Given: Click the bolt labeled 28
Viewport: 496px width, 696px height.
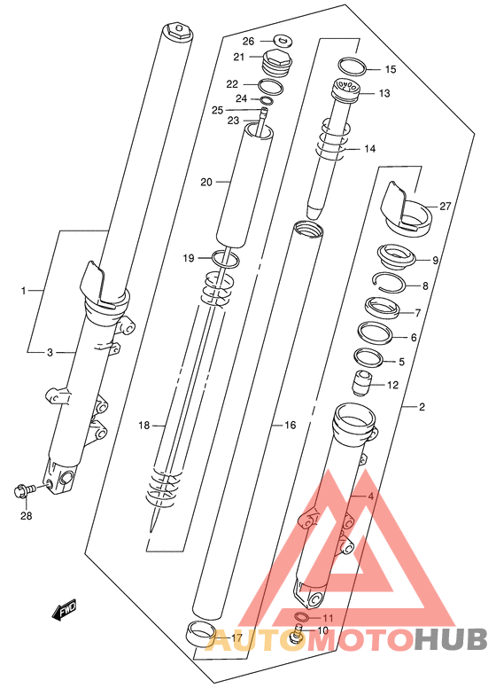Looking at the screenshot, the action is coord(25,490).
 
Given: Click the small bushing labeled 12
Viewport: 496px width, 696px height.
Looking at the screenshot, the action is coord(362,383).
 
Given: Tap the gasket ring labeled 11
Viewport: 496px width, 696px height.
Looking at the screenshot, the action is coord(302,616).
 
